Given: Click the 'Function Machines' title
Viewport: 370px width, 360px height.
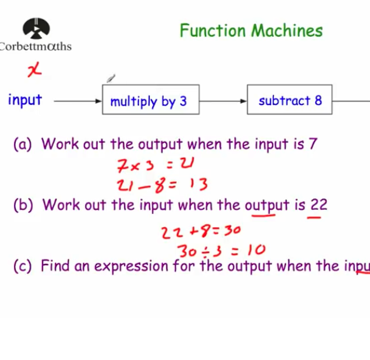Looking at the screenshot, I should [250, 31].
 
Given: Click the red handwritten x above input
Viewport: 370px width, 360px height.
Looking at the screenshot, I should [34, 71].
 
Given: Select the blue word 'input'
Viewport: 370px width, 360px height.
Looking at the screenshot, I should [25, 100].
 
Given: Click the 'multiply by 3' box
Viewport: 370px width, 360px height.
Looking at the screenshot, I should [150, 101].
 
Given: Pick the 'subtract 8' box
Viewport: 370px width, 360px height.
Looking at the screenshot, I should [289, 100].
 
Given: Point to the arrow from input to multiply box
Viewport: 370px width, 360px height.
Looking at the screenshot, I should [78, 100].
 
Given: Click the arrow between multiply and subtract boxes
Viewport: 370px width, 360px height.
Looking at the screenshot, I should [223, 100].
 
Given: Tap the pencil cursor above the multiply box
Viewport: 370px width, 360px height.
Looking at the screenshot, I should [111, 79].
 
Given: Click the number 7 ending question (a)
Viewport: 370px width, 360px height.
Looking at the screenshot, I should [313, 144].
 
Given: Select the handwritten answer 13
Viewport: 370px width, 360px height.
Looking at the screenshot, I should [198, 185].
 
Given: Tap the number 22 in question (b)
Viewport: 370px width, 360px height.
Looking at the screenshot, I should [319, 205].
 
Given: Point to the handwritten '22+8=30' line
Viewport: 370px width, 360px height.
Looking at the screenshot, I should [201, 232].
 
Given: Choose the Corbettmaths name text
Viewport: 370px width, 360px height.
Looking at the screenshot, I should [36, 46].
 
